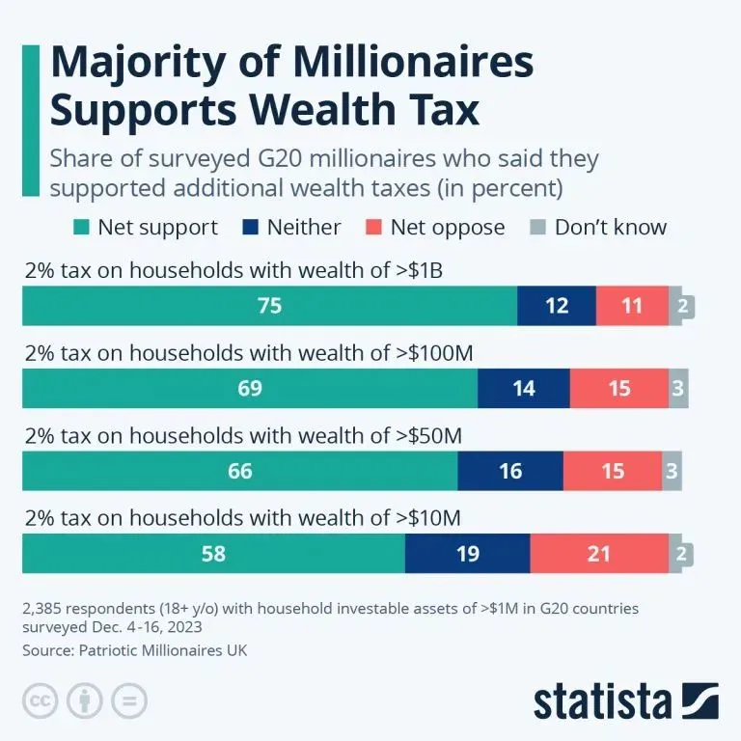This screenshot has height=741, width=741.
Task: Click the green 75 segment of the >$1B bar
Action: [269, 306]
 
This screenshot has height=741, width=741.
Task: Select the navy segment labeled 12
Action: [557, 306]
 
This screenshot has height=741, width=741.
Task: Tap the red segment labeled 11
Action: [632, 306]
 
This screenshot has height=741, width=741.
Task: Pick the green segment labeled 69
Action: [249, 388]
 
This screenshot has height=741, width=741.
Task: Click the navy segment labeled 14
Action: [523, 388]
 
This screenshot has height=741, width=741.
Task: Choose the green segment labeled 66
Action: [239, 471]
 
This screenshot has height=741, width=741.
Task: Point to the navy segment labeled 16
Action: [509, 471]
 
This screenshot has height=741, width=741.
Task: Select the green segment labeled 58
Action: [213, 554]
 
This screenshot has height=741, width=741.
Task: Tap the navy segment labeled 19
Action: [467, 554]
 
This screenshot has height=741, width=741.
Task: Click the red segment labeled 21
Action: [599, 554]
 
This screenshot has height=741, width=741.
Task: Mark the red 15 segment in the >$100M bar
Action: [618, 388]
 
